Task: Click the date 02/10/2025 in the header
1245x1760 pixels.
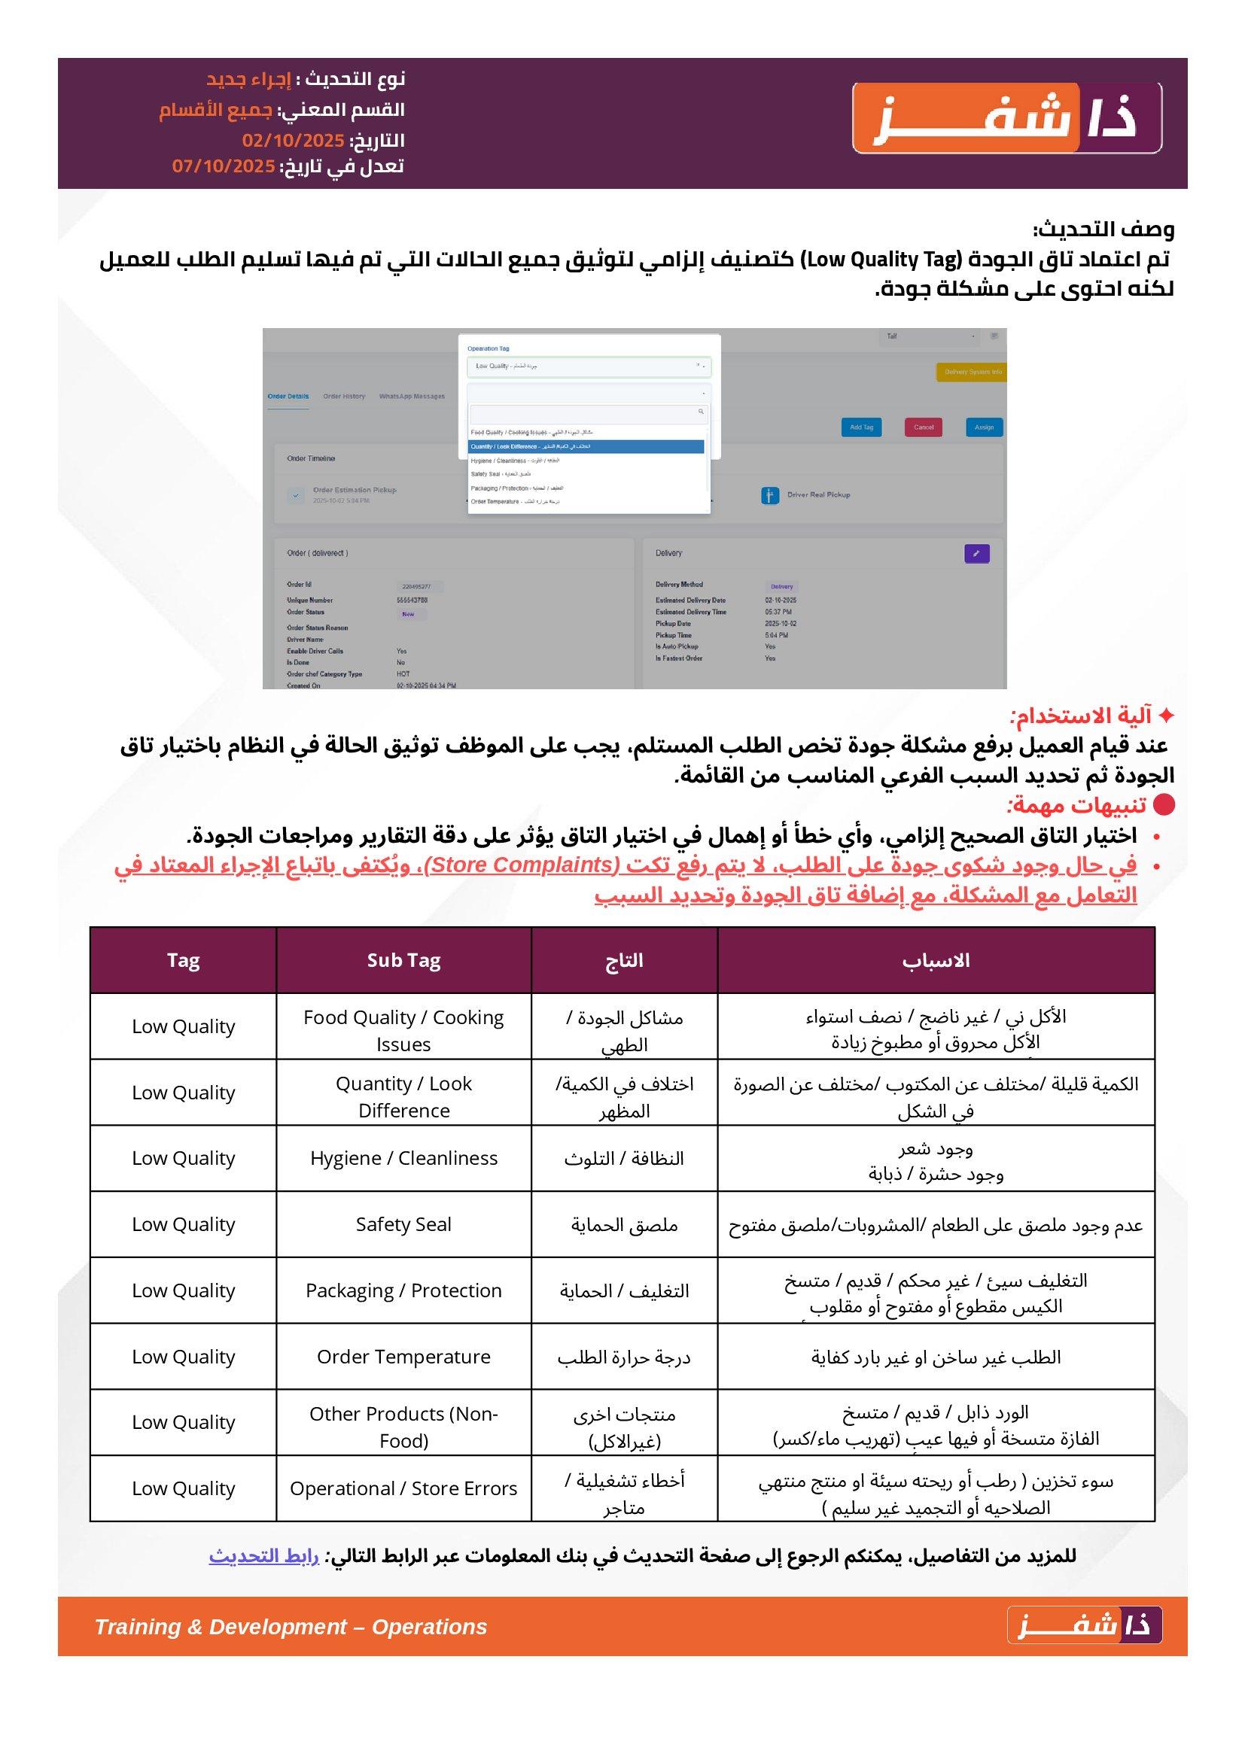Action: (293, 140)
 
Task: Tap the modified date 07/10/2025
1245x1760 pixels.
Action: (223, 166)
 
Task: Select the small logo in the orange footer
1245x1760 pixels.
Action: (1084, 1627)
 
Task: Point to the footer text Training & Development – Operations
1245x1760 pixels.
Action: (291, 1628)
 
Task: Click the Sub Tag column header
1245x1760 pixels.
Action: (403, 960)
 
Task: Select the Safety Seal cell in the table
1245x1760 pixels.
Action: (403, 1224)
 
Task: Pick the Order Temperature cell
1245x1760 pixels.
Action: (403, 1356)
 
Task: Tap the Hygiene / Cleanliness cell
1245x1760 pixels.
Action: (403, 1158)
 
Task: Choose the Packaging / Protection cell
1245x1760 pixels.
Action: (403, 1290)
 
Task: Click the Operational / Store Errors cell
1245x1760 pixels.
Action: (403, 1488)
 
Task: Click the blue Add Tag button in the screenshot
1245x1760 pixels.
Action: (861, 427)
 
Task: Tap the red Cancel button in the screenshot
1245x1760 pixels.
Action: (923, 427)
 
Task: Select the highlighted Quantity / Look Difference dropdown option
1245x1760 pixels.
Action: (586, 446)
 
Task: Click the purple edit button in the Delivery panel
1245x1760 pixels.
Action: (976, 553)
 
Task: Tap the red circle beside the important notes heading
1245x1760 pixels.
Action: (1164, 804)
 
